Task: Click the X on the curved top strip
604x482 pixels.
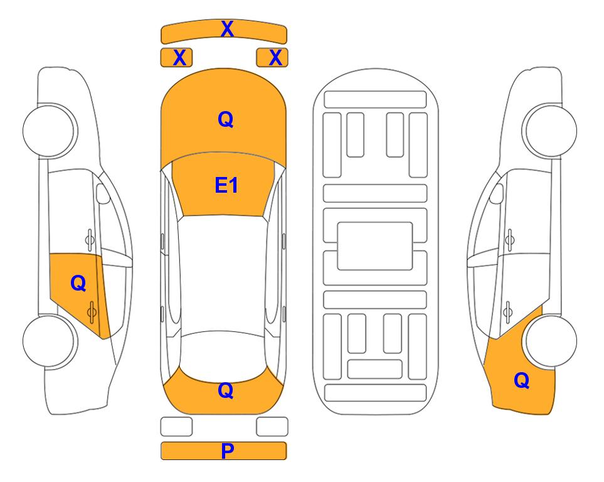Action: pyautogui.click(x=227, y=29)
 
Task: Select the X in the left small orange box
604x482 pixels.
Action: pyautogui.click(x=179, y=58)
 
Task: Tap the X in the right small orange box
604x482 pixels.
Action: pyautogui.click(x=275, y=58)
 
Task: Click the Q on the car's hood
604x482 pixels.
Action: pyautogui.click(x=226, y=119)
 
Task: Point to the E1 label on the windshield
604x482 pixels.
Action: pyautogui.click(x=226, y=185)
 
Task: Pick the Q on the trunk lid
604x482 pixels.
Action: pyautogui.click(x=226, y=390)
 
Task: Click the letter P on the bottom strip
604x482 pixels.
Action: pyautogui.click(x=227, y=451)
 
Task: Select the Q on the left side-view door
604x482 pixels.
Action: pyautogui.click(x=78, y=284)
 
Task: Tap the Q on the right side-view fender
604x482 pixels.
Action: pyautogui.click(x=522, y=380)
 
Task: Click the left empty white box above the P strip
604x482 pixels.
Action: pyautogui.click(x=176, y=427)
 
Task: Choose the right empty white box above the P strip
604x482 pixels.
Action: pyautogui.click(x=272, y=427)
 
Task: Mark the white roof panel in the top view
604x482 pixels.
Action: pyautogui.click(x=223, y=274)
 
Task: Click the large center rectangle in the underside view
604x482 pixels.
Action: pyautogui.click(x=375, y=246)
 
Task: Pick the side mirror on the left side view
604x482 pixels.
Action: pyautogui.click(x=103, y=193)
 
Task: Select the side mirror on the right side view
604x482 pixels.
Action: pyautogui.click(x=497, y=193)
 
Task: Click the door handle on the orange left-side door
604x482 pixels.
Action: pyautogui.click(x=92, y=312)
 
